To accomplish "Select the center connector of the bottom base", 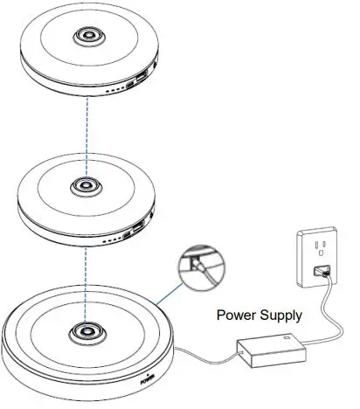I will click(x=86, y=334).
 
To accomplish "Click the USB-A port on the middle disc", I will click(x=138, y=233).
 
